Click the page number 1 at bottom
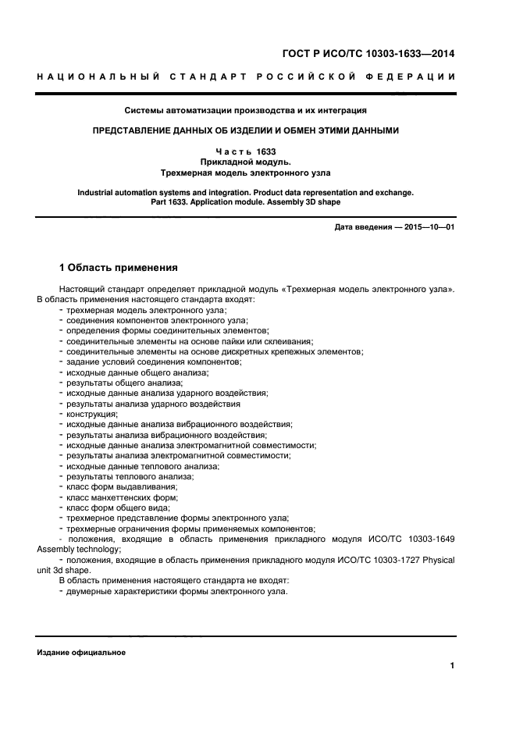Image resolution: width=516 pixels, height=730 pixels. (x=452, y=665)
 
